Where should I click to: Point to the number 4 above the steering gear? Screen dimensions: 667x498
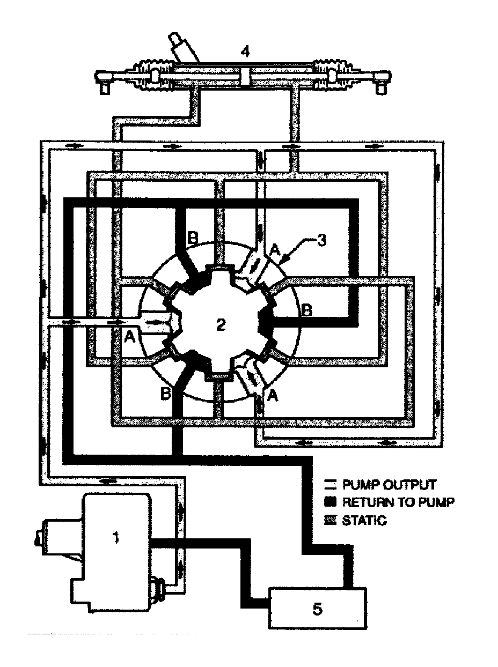click(x=245, y=51)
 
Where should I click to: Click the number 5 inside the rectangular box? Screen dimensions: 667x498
click(x=317, y=610)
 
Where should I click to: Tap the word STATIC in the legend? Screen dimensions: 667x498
click(x=364, y=520)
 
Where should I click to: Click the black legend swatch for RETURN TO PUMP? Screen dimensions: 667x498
click(x=331, y=502)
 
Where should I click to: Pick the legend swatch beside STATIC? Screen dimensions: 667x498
click(x=331, y=520)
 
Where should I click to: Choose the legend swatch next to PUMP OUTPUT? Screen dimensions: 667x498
click(x=331, y=485)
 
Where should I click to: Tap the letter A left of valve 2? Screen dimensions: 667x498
click(x=129, y=337)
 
